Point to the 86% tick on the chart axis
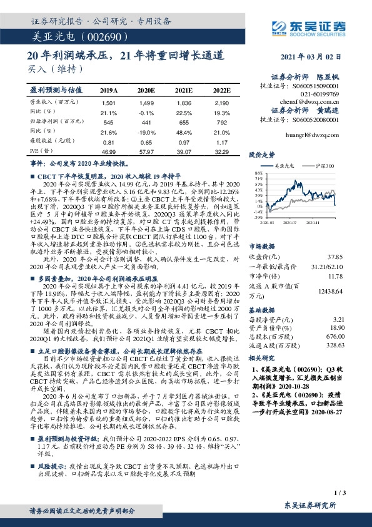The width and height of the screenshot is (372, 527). click(x=257, y=173)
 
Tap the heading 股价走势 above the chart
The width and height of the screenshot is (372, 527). click(x=263, y=153)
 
